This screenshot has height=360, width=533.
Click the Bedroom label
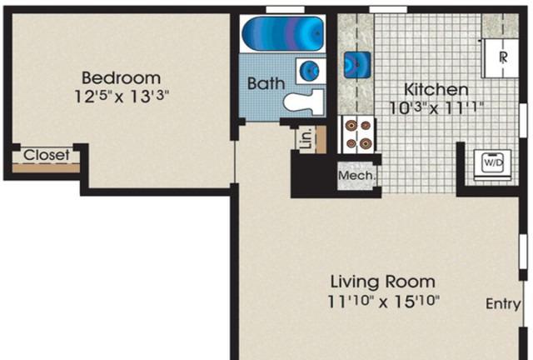pyautogui.click(x=121, y=78)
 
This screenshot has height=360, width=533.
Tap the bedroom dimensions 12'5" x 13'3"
pyautogui.click(x=122, y=97)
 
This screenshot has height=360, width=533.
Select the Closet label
pyautogui.click(x=47, y=155)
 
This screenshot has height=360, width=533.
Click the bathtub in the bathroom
pyautogui.click(x=282, y=33)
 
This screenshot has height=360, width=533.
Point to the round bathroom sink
pyautogui.click(x=310, y=70)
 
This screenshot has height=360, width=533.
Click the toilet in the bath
pyautogui.click(x=303, y=102)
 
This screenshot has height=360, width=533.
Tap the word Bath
pyautogui.click(x=266, y=83)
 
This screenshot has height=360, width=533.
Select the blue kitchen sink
pyautogui.click(x=357, y=64)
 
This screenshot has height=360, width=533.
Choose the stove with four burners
pyautogui.click(x=358, y=135)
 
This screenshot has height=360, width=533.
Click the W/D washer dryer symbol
pyautogui.click(x=492, y=164)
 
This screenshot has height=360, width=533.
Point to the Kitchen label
pyautogui.click(x=436, y=89)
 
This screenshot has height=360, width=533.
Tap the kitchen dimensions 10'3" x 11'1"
pyautogui.click(x=436, y=108)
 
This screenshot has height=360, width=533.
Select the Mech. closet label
pyautogui.click(x=357, y=176)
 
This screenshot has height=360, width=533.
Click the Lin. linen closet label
pyautogui.click(x=306, y=138)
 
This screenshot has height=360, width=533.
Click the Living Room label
pyautogui.click(x=383, y=282)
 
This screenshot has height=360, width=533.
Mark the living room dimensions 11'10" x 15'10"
pyautogui.click(x=383, y=301)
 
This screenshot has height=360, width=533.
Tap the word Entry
pyautogui.click(x=503, y=304)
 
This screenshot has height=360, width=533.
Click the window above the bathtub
pyautogui.click(x=285, y=9)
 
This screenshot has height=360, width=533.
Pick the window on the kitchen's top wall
pyautogui.click(x=388, y=9)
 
